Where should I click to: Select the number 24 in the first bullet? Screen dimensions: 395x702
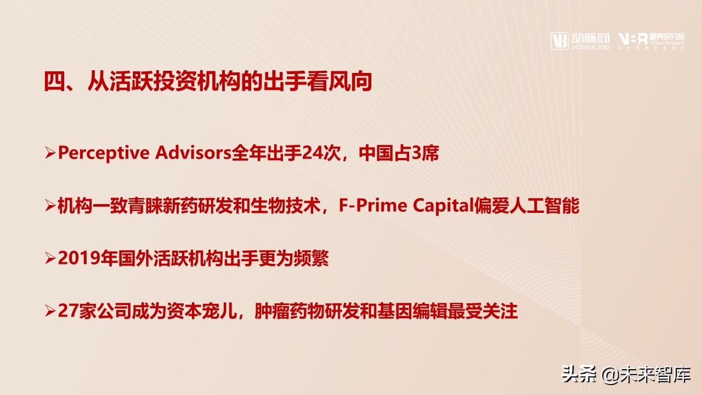pyautogui.click(x=312, y=154)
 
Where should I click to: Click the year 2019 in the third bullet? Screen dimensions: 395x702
pyautogui.click(x=73, y=259)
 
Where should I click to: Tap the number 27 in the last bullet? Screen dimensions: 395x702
pyautogui.click(x=65, y=312)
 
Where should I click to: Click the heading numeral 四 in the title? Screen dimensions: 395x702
pyautogui.click(x=54, y=82)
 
